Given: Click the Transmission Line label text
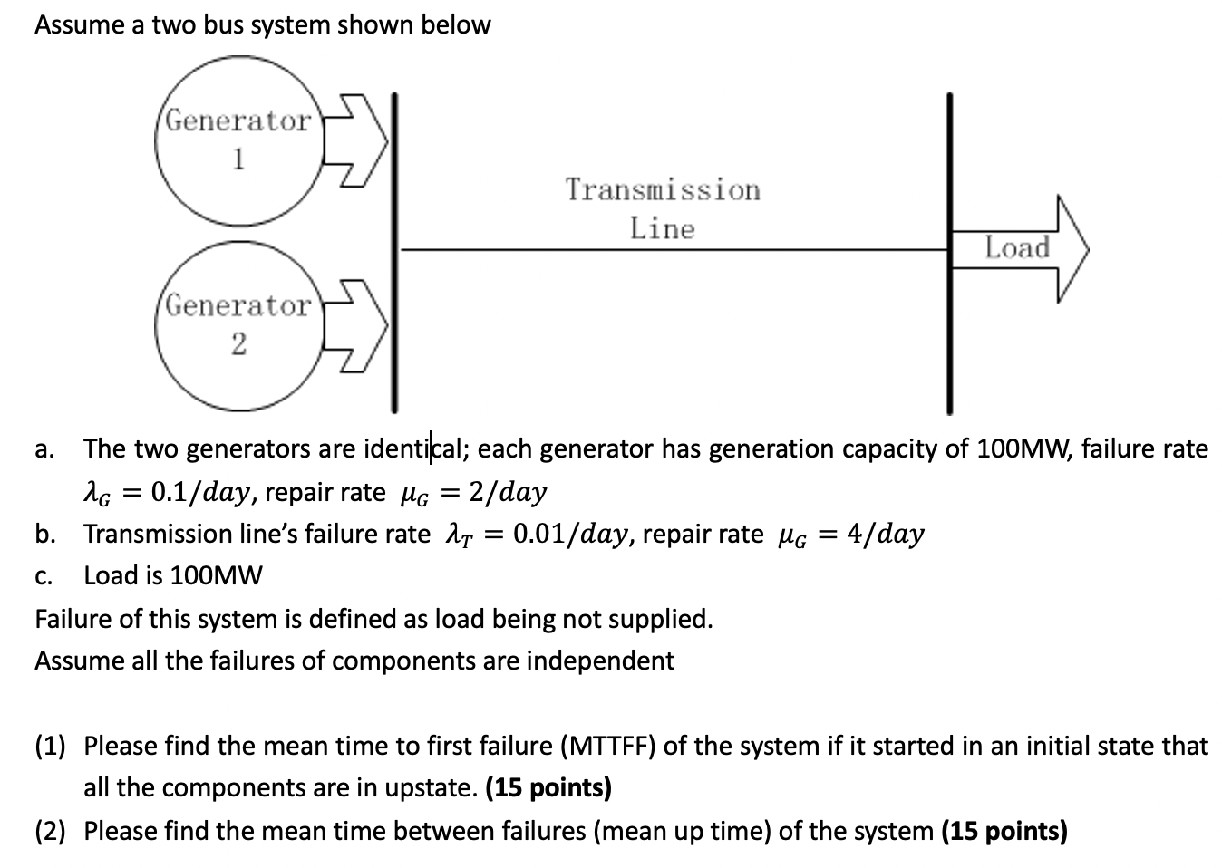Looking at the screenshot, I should [663, 208].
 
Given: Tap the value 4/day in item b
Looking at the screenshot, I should [885, 534].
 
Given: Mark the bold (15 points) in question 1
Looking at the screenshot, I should [548, 787].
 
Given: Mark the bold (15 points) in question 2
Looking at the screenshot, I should [1004, 830].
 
